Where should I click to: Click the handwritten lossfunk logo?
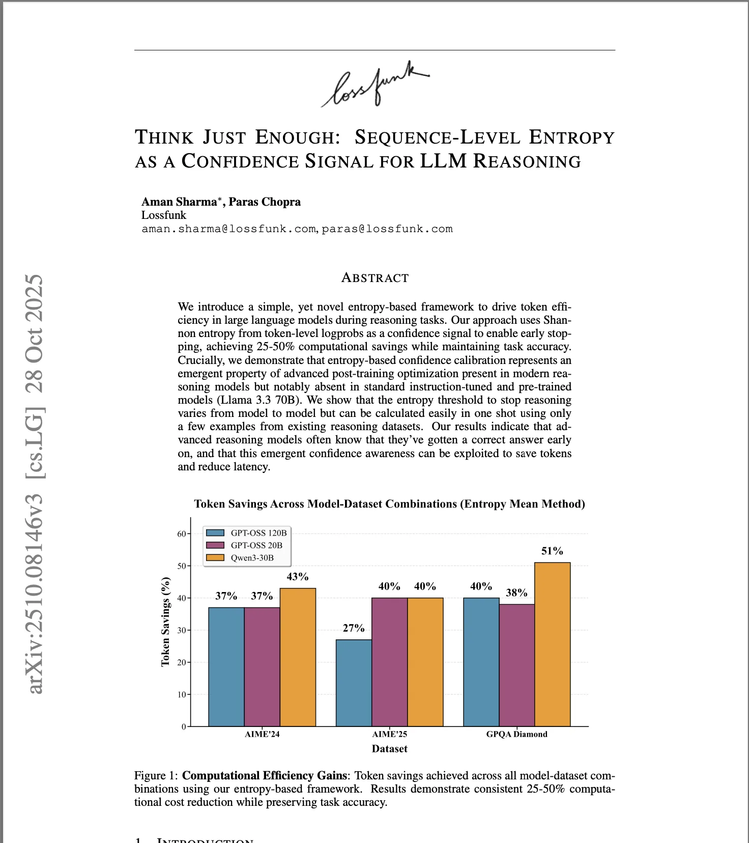376,86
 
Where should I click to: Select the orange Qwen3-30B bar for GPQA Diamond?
552,644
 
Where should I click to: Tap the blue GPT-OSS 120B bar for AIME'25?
354,683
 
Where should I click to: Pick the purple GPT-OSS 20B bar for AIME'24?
262,667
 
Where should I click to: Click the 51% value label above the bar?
552,551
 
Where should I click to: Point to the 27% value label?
354,628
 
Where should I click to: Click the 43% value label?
298,577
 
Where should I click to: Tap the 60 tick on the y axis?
182,534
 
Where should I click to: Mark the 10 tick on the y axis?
182,694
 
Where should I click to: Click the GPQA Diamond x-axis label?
516,734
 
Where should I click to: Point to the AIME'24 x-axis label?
262,734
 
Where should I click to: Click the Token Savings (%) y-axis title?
165,622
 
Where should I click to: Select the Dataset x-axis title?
389,749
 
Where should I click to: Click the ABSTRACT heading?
375,278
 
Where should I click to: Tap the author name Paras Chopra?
265,202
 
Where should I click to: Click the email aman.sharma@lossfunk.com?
228,229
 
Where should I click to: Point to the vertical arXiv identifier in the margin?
35,484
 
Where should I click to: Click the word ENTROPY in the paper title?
571,137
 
